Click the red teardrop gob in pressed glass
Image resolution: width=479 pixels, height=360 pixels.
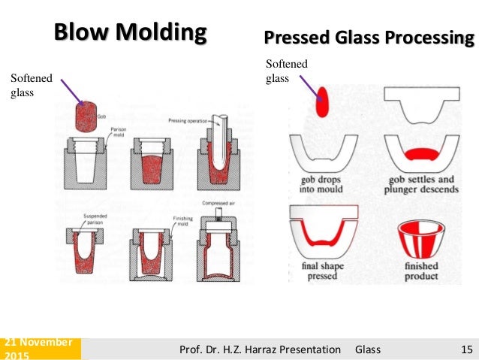pos(323,101)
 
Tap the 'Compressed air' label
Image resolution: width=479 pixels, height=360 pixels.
pos(218,204)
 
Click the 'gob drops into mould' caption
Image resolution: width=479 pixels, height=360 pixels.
pos(322,184)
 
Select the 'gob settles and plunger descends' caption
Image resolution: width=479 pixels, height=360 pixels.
pos(420,184)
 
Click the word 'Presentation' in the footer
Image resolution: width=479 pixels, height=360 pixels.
pos(309,349)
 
